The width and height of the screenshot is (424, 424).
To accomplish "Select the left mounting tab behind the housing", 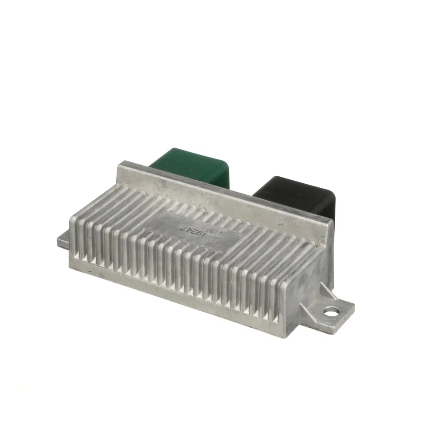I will pos(63,240).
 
